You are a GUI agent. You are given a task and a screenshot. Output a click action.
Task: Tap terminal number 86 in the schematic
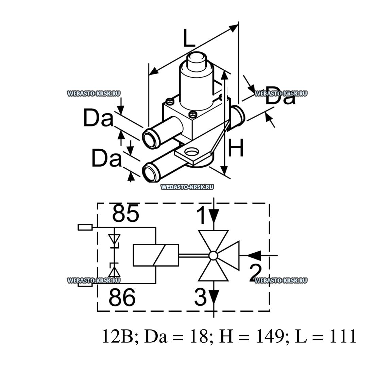click(x=122, y=297)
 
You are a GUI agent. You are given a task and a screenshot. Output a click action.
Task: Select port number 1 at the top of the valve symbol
click(x=202, y=216)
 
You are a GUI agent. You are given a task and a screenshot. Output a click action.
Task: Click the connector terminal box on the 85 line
click(x=85, y=227)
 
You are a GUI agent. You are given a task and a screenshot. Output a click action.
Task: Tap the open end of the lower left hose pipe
click(x=150, y=173)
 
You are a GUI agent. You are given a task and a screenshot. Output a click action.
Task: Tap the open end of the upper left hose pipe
click(x=150, y=138)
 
